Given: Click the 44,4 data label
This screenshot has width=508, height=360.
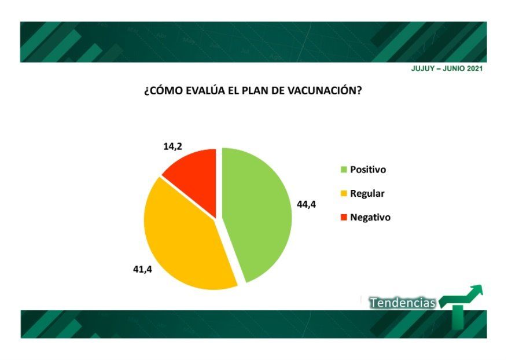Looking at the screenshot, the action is coord(306,204).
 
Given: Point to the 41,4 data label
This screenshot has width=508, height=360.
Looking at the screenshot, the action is coord(142,269).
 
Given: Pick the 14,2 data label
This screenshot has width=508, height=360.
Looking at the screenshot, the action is coord(172,146).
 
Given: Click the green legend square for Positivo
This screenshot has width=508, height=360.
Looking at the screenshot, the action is coord(344,170).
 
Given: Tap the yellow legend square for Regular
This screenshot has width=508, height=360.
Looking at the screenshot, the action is coord(344,193).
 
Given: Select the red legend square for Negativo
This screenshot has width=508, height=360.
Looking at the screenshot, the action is coord(344,217).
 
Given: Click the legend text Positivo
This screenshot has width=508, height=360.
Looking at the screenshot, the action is coord(368,170).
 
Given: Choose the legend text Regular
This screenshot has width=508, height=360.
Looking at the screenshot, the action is coord(367,193).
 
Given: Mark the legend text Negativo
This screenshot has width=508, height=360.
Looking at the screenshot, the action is coord(370,217).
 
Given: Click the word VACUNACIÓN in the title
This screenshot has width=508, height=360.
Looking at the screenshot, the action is coord(325,90).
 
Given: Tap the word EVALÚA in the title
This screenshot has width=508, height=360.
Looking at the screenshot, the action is coord(205,90).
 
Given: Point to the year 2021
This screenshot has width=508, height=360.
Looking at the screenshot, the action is coord(474,69).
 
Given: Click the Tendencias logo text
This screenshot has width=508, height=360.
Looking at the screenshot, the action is coord(403,303).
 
